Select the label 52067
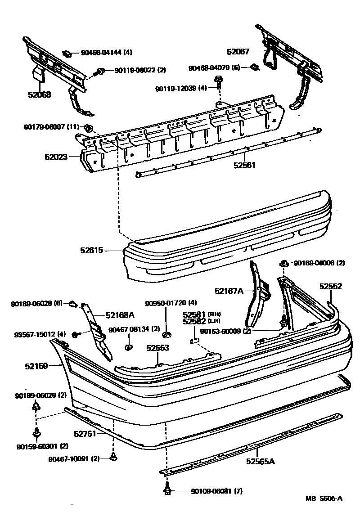pyautogui.click(x=238, y=52)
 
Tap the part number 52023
pyautogui.click(x=56, y=157)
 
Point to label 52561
pyautogui.click(x=244, y=165)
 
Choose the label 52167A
pyautogui.click(x=229, y=291)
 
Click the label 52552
pyautogui.click(x=331, y=286)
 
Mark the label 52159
pyautogui.click(x=36, y=366)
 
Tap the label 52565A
pyautogui.click(x=260, y=461)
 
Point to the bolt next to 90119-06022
pyautogui.click(x=100, y=71)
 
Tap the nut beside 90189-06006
pyautogui.click(x=284, y=263)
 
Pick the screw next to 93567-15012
pyautogui.click(x=75, y=335)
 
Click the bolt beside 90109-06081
pyautogui.click(x=167, y=490)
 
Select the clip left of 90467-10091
pyautogui.click(x=113, y=458)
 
